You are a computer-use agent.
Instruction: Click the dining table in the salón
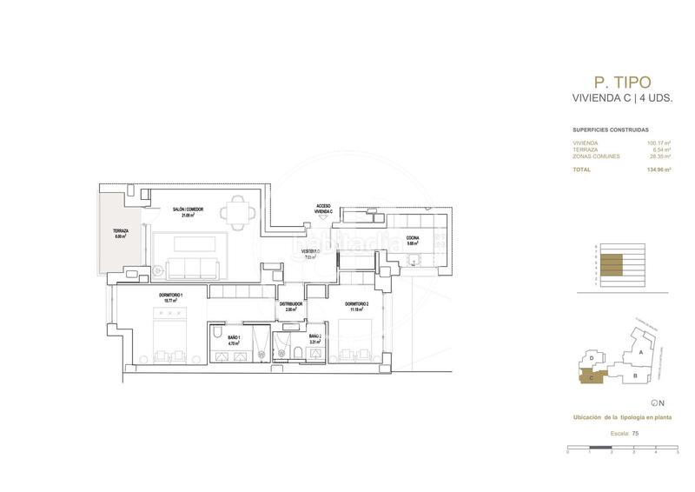click(235, 211)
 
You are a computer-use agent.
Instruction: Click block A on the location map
click(639, 354)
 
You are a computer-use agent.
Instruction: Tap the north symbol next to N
click(653, 402)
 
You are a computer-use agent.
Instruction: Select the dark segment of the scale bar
click(600, 450)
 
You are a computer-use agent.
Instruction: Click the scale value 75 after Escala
click(635, 433)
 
